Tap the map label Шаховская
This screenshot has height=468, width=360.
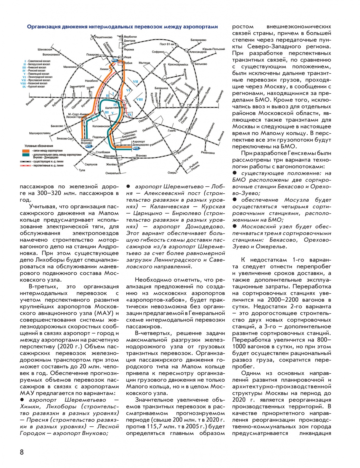45,49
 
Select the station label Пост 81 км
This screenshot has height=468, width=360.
167,44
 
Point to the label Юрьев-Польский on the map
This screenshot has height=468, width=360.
213,49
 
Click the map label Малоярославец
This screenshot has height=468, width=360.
40,133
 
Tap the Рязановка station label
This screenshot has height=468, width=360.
208,153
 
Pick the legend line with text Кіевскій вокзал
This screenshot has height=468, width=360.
36,67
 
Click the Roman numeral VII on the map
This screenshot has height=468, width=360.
136,82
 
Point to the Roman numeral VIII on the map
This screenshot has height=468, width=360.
139,100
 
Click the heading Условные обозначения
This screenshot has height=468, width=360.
39,146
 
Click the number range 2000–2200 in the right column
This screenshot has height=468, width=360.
283,300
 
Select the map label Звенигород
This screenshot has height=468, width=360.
77,87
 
